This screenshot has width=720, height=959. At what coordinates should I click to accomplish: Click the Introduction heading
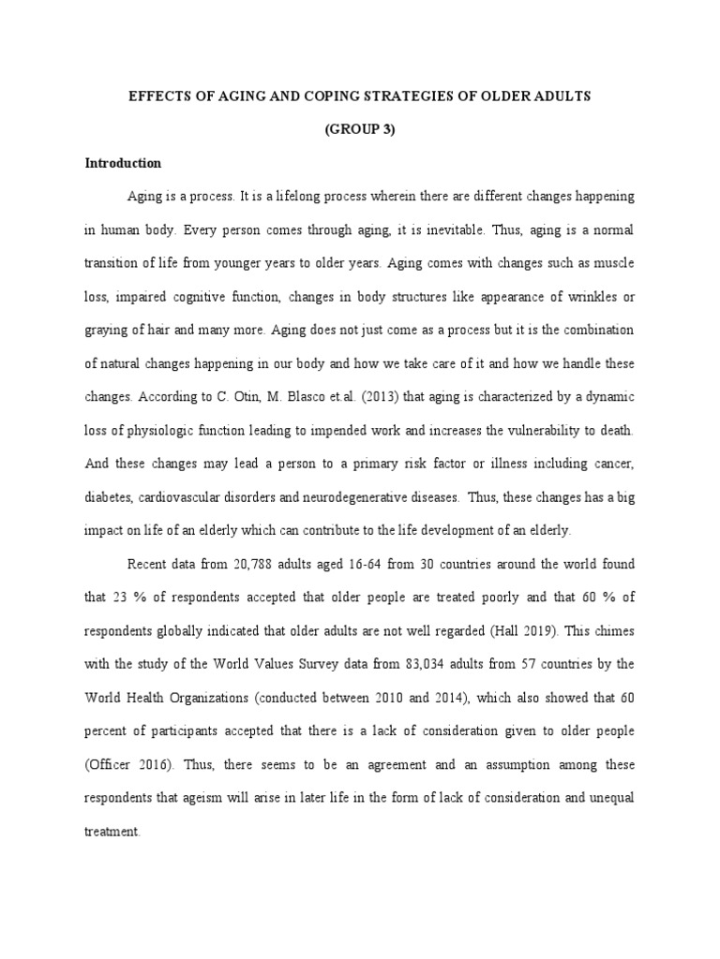[123, 163]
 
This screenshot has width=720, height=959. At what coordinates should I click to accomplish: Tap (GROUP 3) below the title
[360, 130]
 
